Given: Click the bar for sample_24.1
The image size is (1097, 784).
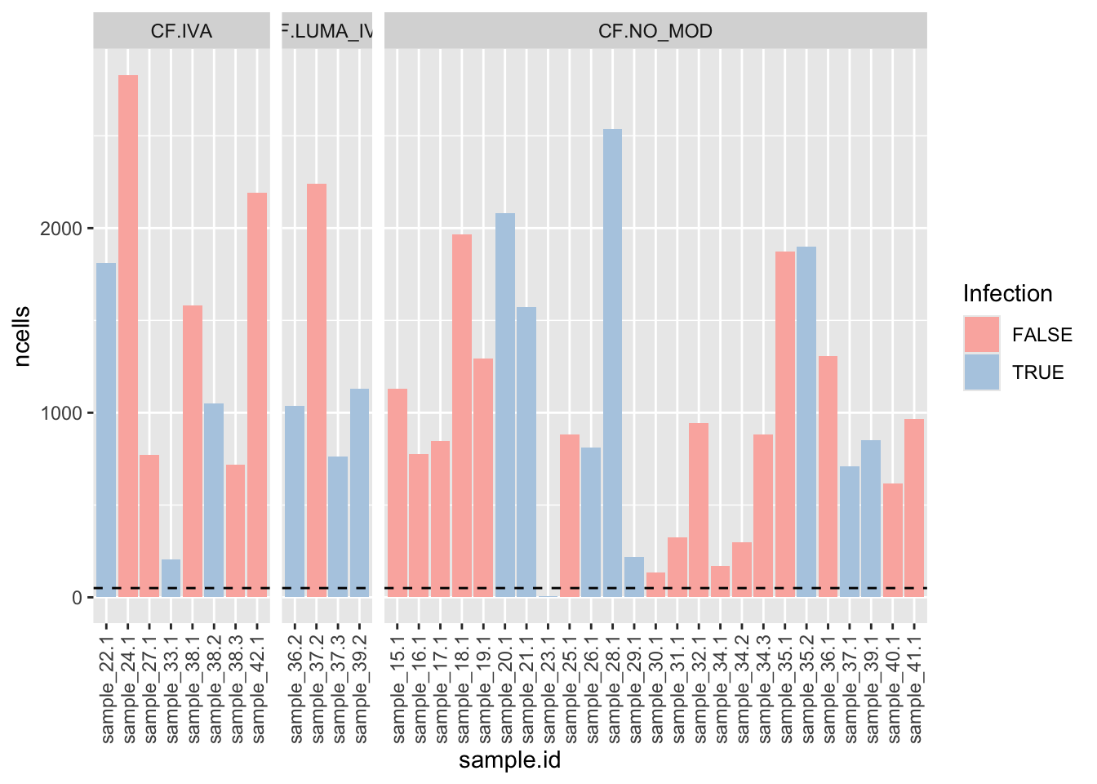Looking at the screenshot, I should coord(128,335).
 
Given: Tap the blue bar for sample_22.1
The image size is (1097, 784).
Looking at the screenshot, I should coord(106,430).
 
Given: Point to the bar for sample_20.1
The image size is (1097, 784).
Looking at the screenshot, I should coord(505,405).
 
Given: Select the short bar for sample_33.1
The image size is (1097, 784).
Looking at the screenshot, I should coord(171,578).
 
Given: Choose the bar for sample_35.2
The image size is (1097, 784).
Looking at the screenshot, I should coord(806,421).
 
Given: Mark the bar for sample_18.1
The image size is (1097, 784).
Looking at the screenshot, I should coord(462,416).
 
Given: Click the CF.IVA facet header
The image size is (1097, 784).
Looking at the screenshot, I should coord(181,31).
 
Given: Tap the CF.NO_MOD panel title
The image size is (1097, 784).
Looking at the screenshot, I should coord(655,31).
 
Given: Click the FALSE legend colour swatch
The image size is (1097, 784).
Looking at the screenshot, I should coord(981,335).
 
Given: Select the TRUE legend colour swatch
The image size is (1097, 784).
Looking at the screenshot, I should coord(981,372).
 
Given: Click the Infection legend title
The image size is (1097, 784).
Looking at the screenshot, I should coord(1007,294).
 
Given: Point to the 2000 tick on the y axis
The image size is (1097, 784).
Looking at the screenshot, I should coord(61,229).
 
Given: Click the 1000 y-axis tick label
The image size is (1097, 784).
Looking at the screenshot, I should coord(61,413).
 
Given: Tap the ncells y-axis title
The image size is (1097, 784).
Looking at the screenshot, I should coord(22,336).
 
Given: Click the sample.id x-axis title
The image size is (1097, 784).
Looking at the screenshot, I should coord(509,761).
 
